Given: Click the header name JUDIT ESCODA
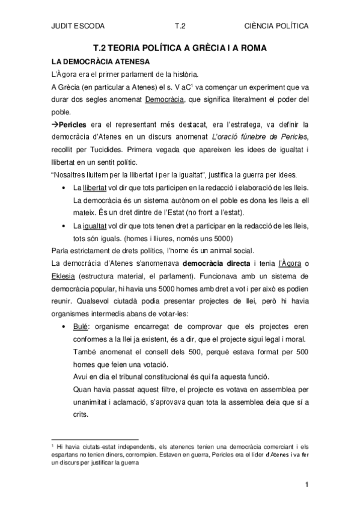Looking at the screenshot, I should point(78,26).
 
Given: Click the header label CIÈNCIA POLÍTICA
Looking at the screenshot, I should point(278,26).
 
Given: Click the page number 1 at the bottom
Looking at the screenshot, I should point(306,485).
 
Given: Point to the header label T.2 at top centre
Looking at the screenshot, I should point(180,26).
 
